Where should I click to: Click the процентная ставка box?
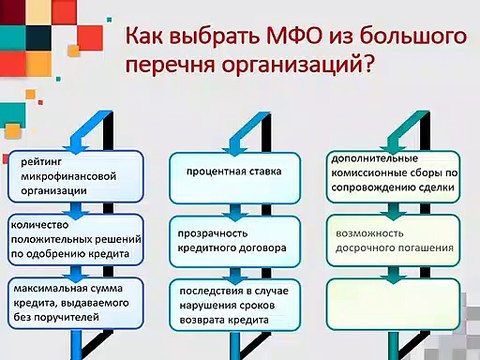231,172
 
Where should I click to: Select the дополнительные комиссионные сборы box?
394,172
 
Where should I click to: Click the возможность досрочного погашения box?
394,238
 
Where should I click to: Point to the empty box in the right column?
394,302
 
